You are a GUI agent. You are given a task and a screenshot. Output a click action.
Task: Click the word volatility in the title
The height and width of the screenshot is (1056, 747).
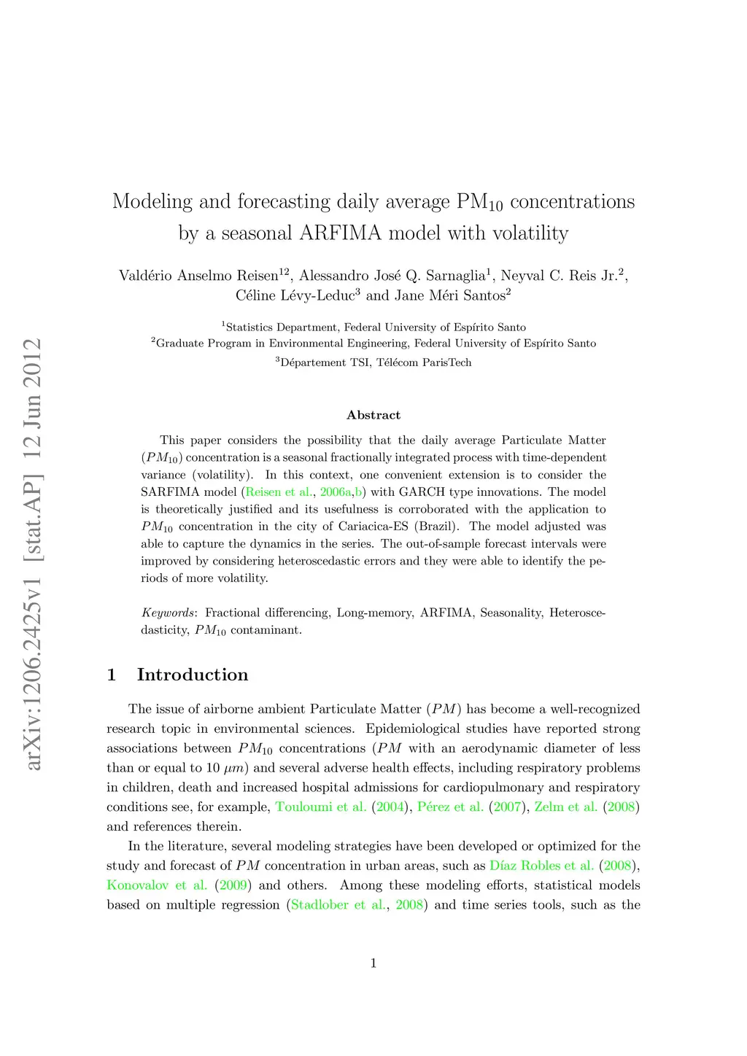(x=530, y=233)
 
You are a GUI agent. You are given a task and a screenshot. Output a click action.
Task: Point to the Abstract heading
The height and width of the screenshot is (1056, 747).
(x=373, y=415)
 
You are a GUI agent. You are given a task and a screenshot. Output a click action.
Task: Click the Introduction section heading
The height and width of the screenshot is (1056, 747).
(x=193, y=675)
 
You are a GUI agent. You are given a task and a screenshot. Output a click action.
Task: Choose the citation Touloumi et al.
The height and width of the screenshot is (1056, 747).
(x=321, y=807)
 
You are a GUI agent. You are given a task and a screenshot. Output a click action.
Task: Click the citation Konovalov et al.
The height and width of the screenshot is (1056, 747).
(x=157, y=885)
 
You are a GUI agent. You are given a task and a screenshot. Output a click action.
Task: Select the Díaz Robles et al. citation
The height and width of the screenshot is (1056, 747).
(x=542, y=866)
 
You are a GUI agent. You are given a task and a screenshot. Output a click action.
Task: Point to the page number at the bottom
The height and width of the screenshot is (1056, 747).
(x=373, y=963)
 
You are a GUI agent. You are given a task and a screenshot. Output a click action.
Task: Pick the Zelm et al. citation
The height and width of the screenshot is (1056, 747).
(x=566, y=807)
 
